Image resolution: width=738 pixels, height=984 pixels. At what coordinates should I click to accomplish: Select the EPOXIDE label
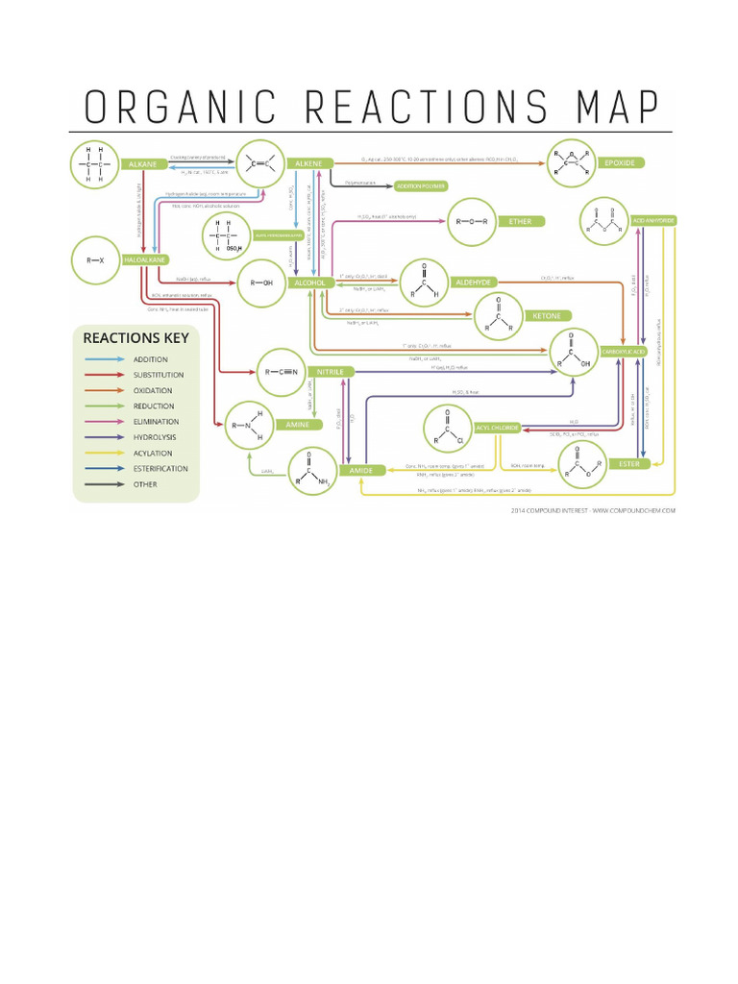[619, 163]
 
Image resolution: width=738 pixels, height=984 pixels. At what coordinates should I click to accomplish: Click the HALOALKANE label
[141, 260]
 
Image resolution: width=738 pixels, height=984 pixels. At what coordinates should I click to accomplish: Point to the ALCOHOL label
[310, 283]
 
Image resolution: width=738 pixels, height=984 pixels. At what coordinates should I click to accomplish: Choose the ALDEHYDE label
[474, 282]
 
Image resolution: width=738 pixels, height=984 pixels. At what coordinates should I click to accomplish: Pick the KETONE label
[546, 315]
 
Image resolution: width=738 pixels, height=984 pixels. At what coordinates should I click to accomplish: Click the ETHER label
[520, 222]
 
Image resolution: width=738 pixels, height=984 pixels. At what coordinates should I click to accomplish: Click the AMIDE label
[359, 470]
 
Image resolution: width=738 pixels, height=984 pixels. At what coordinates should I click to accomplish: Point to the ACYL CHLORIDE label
[497, 427]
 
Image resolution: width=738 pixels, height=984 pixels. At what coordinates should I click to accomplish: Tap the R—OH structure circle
[260, 283]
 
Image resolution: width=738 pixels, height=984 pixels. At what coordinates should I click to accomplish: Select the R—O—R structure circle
[473, 222]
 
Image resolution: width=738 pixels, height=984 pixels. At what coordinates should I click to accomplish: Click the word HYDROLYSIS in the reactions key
[156, 437]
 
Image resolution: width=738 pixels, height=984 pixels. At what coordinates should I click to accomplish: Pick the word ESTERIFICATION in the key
[161, 469]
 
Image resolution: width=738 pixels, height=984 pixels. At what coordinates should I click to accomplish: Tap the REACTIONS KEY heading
[135, 337]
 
